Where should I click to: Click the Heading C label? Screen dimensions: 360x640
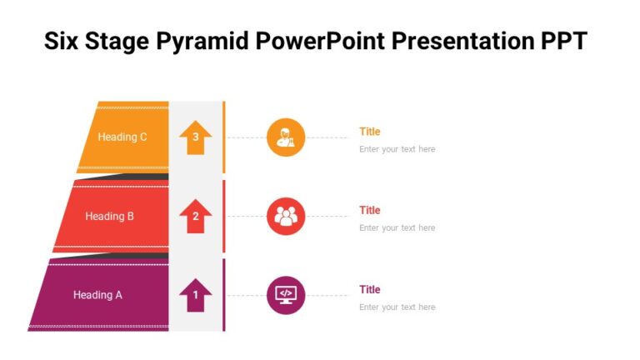pos(122,137)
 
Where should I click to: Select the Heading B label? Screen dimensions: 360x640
pos(109,217)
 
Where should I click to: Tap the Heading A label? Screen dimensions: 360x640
pos(97,295)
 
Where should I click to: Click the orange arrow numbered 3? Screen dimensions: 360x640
pos(196,138)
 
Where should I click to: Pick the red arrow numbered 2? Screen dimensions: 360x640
pos(196,217)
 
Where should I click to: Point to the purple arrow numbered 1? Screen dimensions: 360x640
pos(196,295)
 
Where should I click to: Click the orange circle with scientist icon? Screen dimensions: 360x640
pos(286,137)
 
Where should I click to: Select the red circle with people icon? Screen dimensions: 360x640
pos(286,217)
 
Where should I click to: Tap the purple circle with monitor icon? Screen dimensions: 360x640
pos(286,295)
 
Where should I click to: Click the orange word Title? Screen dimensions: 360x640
pos(369,132)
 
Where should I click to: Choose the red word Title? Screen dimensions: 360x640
pos(369,210)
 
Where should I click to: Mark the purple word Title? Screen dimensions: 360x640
pos(369,289)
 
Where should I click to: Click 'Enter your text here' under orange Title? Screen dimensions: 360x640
pos(397,149)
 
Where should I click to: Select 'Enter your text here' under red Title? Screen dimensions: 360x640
pos(397,227)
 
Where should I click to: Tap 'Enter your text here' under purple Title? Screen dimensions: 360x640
pos(397,307)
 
